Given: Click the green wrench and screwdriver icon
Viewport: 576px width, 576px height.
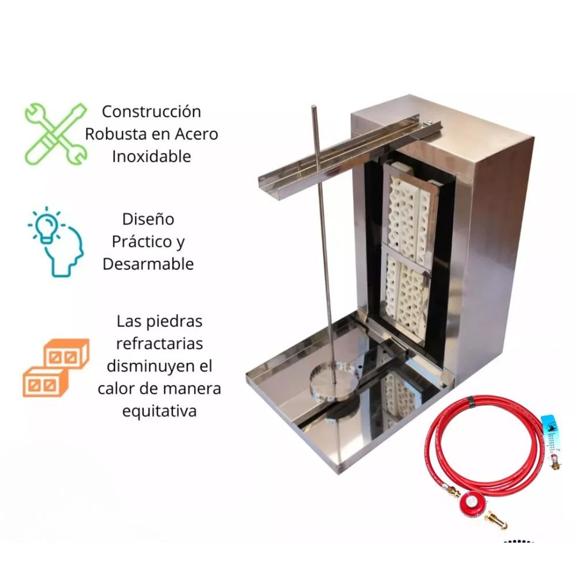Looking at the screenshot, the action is pyautogui.click(x=56, y=134).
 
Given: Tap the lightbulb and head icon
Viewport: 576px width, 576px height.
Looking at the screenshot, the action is pyautogui.click(x=56, y=242).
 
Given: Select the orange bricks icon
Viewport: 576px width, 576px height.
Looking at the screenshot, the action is pyautogui.click(x=56, y=367).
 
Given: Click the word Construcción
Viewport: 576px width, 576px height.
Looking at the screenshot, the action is pyautogui.click(x=151, y=112).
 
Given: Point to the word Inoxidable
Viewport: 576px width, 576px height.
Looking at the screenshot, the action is pyautogui.click(x=151, y=157).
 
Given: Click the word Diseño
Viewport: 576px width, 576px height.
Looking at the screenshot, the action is pyautogui.click(x=148, y=219).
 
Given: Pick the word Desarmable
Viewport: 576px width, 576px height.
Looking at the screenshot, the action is pyautogui.click(x=148, y=264).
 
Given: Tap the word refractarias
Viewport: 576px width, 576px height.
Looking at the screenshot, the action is pyautogui.click(x=160, y=344).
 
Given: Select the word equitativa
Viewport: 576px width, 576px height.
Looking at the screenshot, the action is pyautogui.click(x=160, y=411).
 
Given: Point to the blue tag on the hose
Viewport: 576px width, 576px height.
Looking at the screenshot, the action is pyautogui.click(x=550, y=434).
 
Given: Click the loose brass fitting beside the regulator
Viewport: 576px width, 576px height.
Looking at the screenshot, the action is pyautogui.click(x=497, y=520).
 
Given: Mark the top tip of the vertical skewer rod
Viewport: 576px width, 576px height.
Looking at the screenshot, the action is pyautogui.click(x=314, y=107).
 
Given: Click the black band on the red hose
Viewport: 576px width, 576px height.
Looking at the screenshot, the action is pyautogui.click(x=471, y=402).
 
